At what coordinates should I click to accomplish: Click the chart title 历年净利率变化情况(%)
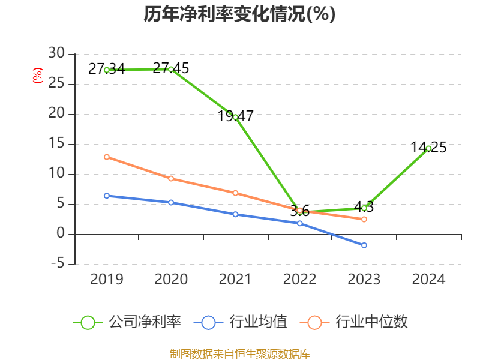239,14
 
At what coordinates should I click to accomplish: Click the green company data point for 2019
107,70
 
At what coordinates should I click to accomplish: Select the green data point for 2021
235,117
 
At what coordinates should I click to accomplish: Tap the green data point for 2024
428,148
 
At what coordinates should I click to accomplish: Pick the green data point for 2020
171,69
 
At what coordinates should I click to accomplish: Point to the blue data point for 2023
364,245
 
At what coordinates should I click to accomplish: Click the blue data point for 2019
107,196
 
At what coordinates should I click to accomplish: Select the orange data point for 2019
107,157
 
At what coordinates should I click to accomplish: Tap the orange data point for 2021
235,193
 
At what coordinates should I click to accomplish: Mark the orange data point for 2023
364,219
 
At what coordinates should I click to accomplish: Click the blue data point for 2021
235,214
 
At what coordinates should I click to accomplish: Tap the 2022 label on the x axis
299,280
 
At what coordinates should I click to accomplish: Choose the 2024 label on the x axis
428,280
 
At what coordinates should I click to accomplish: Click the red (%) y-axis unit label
38,76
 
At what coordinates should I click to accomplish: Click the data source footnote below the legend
239,353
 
